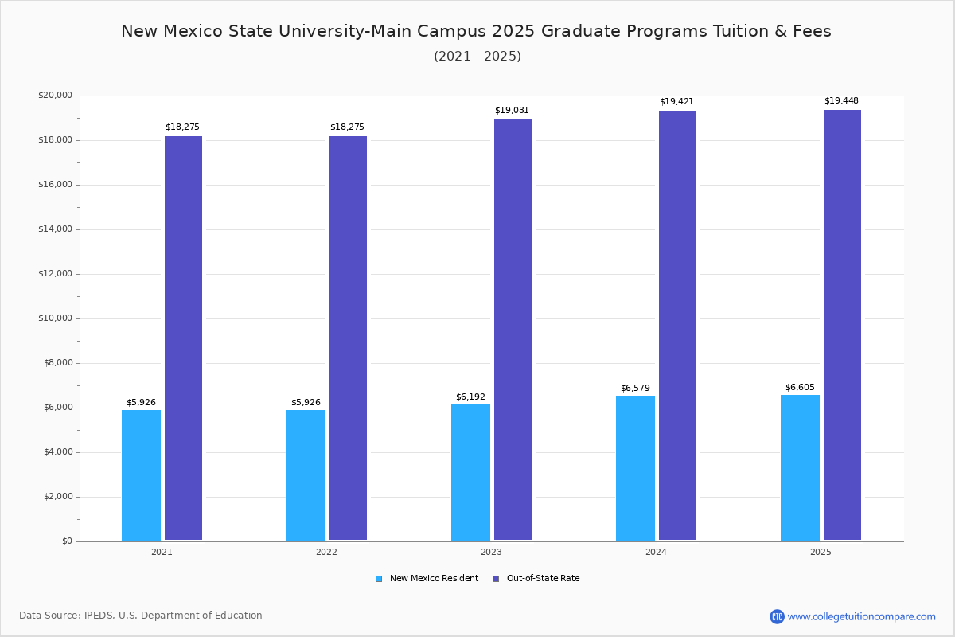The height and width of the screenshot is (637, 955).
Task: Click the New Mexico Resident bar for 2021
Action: tap(141, 475)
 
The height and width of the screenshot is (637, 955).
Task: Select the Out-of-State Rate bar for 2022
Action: tap(348, 338)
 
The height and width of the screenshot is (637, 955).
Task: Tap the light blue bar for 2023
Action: tap(470, 473)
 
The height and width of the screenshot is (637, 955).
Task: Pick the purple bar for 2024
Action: tap(677, 326)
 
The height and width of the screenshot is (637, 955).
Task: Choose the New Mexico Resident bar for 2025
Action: tap(800, 468)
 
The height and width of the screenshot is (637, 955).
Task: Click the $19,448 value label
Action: tap(841, 101)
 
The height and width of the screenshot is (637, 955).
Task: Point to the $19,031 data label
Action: tap(512, 111)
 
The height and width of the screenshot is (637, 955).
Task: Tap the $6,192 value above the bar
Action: tap(470, 397)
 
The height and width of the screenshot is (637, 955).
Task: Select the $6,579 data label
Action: tap(635, 389)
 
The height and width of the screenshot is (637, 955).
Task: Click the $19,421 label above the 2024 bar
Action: tap(676, 102)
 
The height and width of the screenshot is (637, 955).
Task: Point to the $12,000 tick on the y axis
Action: tap(55, 274)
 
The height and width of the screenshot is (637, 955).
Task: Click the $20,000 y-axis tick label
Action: tap(55, 96)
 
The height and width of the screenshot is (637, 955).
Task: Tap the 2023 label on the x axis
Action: tap(491, 552)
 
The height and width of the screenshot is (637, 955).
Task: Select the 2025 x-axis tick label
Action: tap(821, 552)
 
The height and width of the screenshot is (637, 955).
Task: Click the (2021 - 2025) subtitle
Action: tap(477, 57)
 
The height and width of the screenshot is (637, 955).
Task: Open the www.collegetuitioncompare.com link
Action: tap(861, 616)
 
